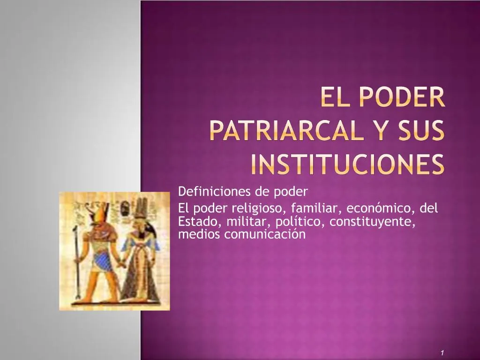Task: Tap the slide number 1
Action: click(442, 352)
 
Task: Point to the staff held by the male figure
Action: click(75, 262)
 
